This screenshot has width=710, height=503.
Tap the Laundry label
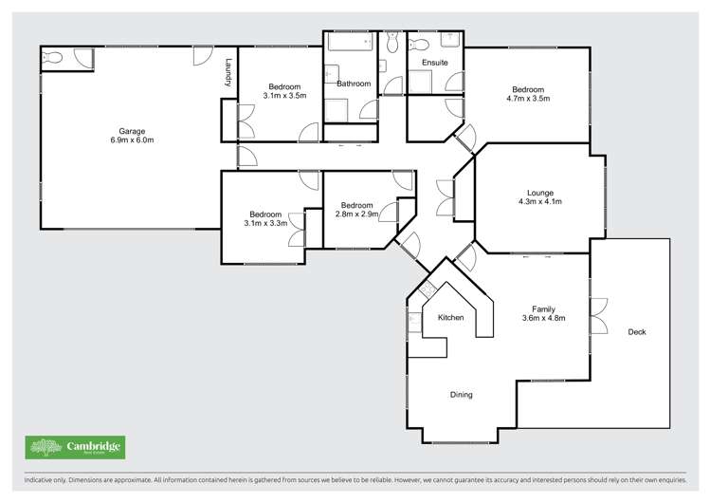228,74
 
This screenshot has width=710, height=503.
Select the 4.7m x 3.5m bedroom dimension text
527,98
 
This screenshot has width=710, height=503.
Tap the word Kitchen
450,317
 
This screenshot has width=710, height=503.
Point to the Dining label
461,395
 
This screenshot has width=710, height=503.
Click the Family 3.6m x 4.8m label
543,314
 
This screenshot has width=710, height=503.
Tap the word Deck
638,332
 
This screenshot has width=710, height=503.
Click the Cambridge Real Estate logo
75,447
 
